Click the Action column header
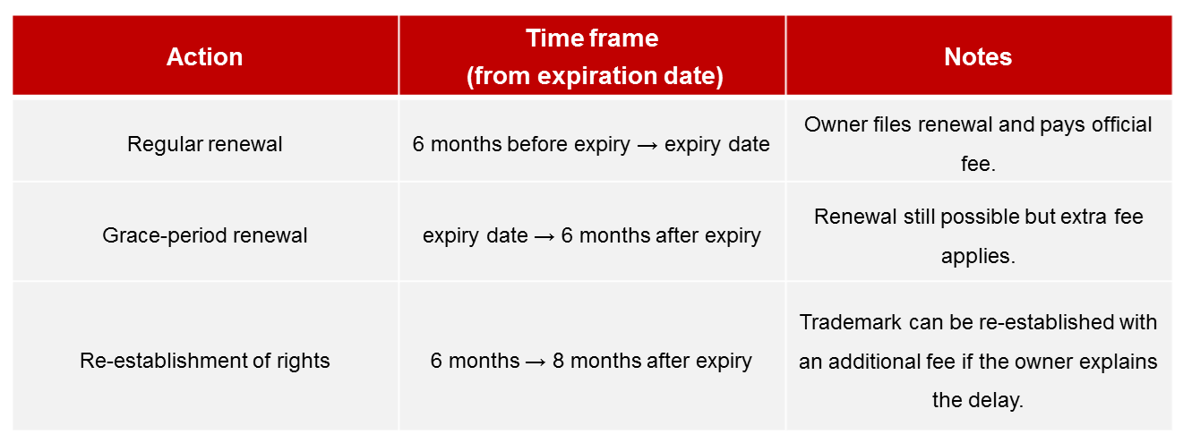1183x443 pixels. [205, 57]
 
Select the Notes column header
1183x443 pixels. [978, 57]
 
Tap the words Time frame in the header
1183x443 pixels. [592, 38]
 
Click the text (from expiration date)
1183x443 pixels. [595, 76]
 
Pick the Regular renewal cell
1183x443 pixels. [205, 144]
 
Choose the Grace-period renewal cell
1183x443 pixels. [205, 235]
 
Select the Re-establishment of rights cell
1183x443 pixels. [205, 361]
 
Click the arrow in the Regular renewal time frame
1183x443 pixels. [647, 146]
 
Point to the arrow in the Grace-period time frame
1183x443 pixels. [544, 237]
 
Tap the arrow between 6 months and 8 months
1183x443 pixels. [536, 362]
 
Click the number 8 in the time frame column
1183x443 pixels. [558, 361]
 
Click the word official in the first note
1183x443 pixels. [1122, 124]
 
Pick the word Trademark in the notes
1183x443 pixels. [850, 322]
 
